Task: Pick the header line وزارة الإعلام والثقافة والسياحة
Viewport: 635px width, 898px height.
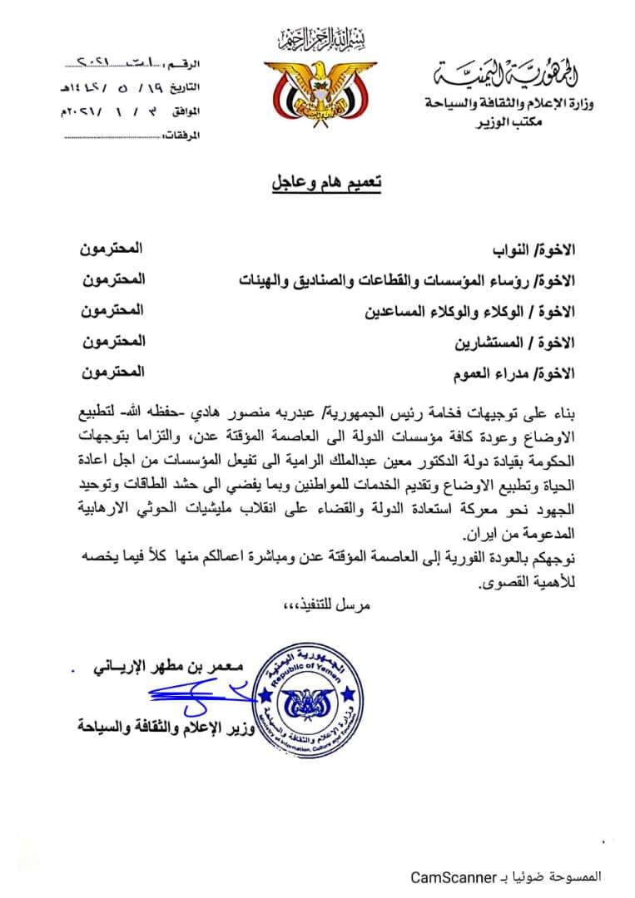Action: pyautogui.click(x=510, y=103)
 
